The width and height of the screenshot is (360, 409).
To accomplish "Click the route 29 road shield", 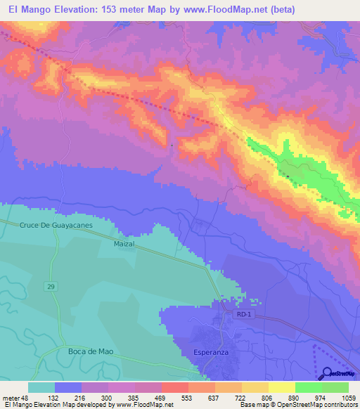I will [52, 267].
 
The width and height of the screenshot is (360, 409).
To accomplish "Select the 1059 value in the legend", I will [349, 397].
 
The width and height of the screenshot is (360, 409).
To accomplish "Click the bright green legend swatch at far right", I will [335, 387].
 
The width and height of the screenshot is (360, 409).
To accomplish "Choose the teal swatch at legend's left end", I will [41, 387].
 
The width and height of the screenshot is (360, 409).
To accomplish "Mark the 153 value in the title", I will [115, 9].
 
